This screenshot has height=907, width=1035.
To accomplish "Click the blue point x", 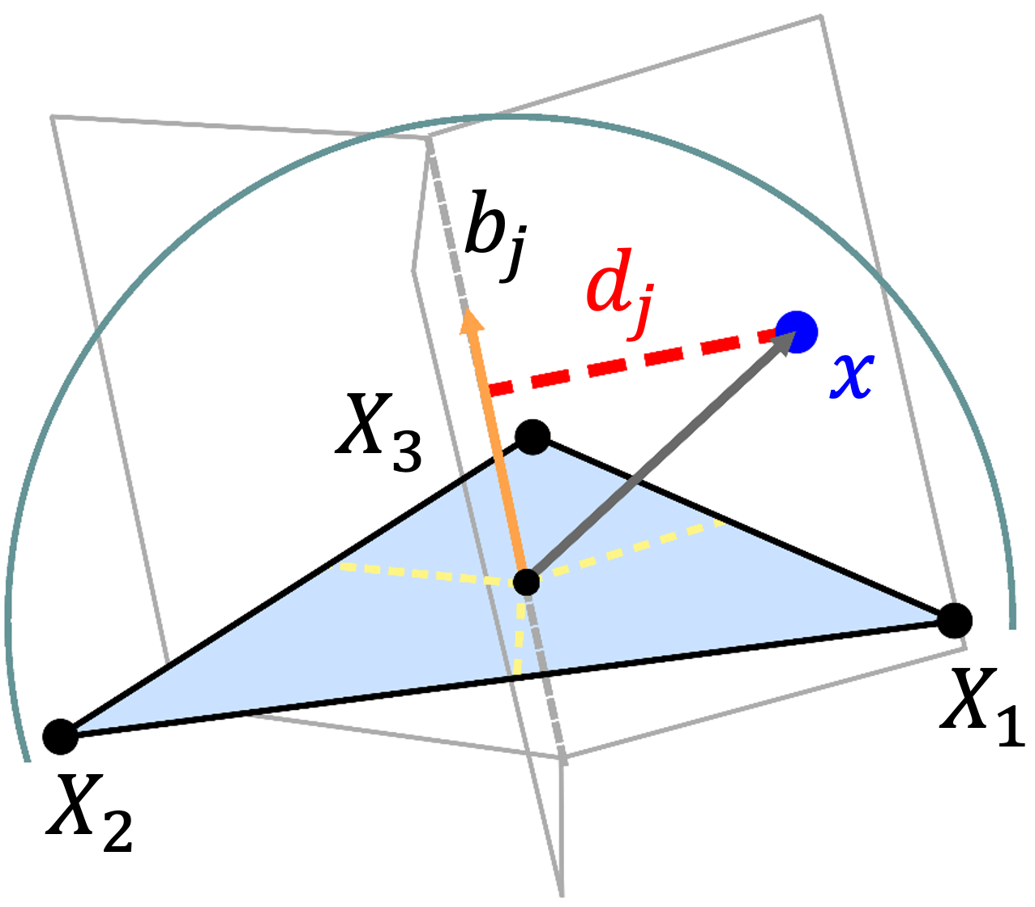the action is click(796, 332).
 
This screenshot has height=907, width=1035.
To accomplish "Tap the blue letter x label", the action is click(850, 376).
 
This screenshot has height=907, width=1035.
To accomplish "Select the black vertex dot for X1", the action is click(955, 621).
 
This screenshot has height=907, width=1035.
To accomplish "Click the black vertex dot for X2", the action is click(59, 735).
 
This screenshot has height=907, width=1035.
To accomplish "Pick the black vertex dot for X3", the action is click(532, 437).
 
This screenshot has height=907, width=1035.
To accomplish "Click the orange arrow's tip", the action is click(471, 319).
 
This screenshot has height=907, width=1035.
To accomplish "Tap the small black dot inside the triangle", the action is click(527, 581).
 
